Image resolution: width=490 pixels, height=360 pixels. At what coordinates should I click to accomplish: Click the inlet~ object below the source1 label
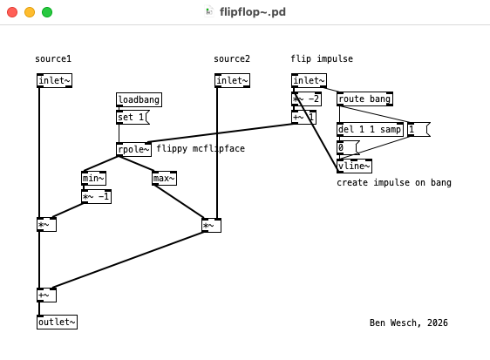click(x=54, y=81)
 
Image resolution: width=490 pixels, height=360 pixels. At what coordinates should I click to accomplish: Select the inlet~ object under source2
click(x=232, y=81)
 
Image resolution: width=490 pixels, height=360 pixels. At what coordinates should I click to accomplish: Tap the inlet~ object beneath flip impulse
click(x=309, y=81)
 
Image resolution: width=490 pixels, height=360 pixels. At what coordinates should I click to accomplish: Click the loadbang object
click(x=139, y=100)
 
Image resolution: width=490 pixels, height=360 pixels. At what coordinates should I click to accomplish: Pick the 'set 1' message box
click(x=132, y=118)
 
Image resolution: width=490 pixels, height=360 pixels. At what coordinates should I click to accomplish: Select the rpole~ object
click(x=133, y=149)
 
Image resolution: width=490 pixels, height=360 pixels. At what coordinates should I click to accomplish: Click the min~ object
click(x=93, y=179)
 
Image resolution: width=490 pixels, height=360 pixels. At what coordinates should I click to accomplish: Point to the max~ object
click(x=164, y=179)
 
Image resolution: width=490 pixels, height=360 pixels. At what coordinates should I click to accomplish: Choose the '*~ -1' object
click(x=96, y=197)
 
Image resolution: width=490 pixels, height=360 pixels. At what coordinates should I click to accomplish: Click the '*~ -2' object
click(x=306, y=99)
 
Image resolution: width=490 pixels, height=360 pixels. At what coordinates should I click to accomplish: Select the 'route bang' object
click(x=364, y=99)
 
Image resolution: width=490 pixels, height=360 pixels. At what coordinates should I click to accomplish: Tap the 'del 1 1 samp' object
click(x=370, y=130)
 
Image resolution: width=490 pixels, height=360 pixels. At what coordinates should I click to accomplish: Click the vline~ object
click(x=354, y=166)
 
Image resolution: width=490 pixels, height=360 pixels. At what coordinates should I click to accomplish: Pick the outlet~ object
click(x=57, y=323)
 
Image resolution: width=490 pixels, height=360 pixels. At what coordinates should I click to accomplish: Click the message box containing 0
click(x=347, y=148)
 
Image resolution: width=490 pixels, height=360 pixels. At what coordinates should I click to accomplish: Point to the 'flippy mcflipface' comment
click(x=201, y=149)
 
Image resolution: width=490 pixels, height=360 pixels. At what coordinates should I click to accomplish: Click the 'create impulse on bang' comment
click(x=394, y=183)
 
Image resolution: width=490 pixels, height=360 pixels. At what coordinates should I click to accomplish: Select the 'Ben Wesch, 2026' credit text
click(x=408, y=323)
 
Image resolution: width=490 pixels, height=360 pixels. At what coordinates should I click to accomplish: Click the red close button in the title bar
click(x=12, y=12)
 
